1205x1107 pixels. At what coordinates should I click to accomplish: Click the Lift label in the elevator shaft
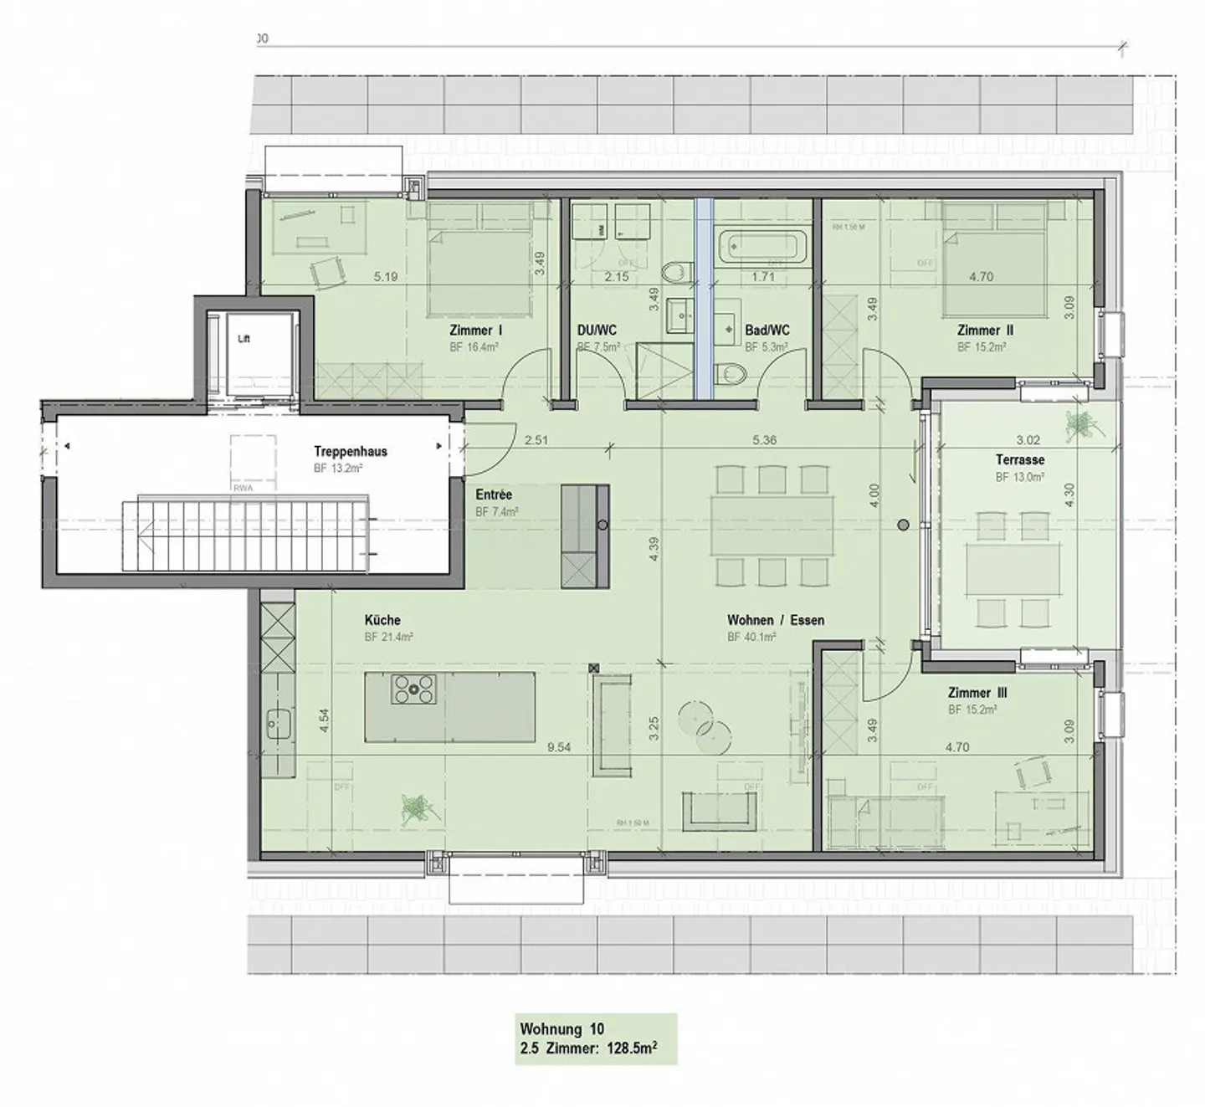[244, 339]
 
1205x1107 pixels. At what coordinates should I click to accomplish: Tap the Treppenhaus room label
[351, 452]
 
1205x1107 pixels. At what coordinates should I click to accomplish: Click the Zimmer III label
[977, 694]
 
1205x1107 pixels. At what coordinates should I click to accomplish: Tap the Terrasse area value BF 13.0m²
[1019, 478]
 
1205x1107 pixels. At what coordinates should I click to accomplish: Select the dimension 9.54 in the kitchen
[559, 748]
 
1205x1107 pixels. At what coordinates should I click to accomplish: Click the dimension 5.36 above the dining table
[765, 440]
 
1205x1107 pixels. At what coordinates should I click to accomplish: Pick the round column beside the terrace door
[903, 525]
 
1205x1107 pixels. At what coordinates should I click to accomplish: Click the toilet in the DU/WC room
[674, 272]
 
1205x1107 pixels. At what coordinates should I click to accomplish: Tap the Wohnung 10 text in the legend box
[561, 1029]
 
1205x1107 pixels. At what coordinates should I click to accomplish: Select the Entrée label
[493, 495]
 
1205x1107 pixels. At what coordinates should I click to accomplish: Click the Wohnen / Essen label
[775, 621]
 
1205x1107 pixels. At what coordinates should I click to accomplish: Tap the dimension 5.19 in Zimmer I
[386, 277]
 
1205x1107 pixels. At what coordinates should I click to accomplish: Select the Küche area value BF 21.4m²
[389, 638]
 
